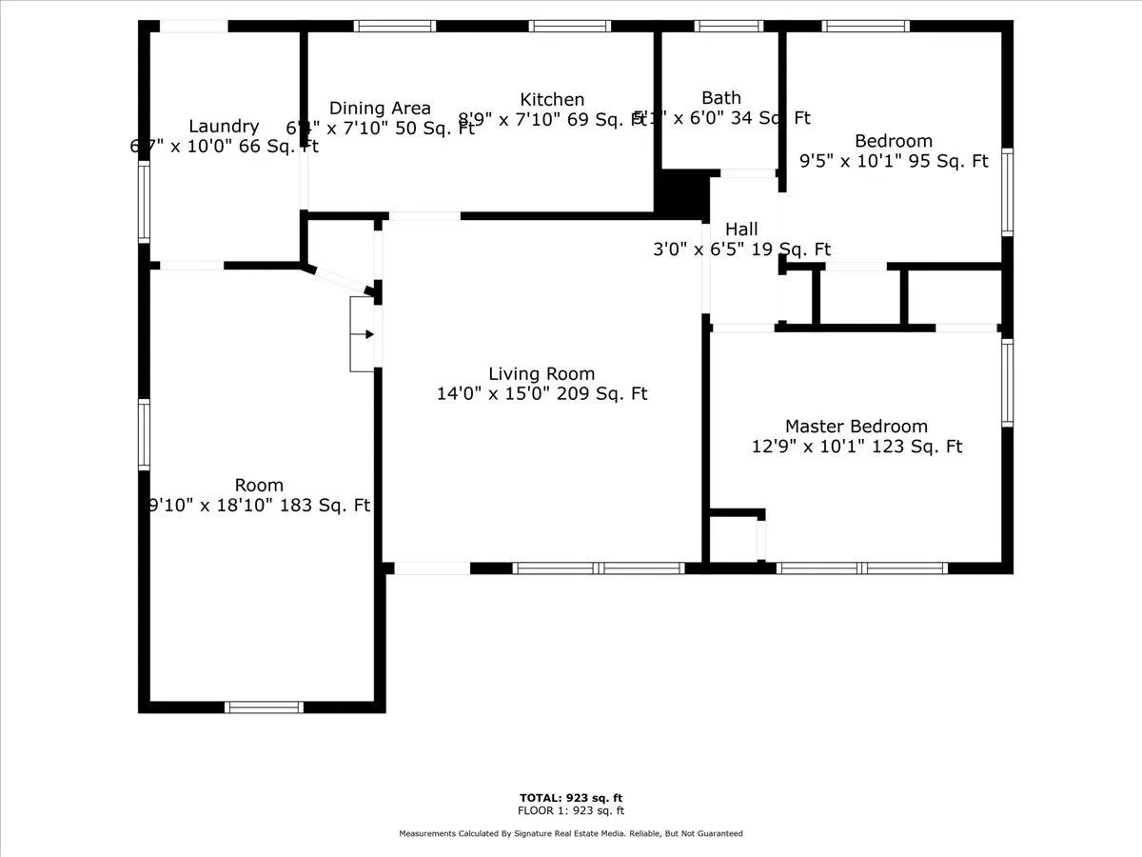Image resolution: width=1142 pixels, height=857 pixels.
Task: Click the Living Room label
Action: pyautogui.click(x=541, y=374)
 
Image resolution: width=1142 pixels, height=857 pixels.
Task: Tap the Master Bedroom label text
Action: pyautogui.click(x=856, y=427)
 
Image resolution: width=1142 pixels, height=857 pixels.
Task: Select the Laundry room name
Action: pyautogui.click(x=224, y=126)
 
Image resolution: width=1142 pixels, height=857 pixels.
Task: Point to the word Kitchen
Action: pyautogui.click(x=552, y=99)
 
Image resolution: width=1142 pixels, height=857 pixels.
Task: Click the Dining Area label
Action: pyautogui.click(x=380, y=109)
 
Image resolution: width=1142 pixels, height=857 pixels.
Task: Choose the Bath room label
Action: pyautogui.click(x=720, y=97)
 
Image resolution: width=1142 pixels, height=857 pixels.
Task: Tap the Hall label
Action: pyautogui.click(x=741, y=229)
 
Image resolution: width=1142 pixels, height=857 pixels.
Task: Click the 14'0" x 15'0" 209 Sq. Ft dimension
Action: pyautogui.click(x=541, y=393)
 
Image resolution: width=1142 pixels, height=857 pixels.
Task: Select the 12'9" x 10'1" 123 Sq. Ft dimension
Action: pyautogui.click(x=856, y=446)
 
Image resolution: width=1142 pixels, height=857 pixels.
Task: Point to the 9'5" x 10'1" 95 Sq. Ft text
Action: pyautogui.click(x=894, y=161)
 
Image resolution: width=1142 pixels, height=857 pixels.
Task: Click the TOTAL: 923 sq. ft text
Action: pyautogui.click(x=571, y=798)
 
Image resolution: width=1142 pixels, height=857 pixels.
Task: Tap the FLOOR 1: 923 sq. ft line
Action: pyautogui.click(x=571, y=811)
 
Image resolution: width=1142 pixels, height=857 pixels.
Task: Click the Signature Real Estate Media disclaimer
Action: pyautogui.click(x=571, y=833)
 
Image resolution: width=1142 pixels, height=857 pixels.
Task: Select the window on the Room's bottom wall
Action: pyautogui.click(x=264, y=707)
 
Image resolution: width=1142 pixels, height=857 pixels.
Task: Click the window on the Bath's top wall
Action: pyautogui.click(x=728, y=26)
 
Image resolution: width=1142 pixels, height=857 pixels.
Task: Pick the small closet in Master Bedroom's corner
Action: pyautogui.click(x=734, y=540)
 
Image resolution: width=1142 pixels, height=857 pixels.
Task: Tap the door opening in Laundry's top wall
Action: pyautogui.click(x=193, y=26)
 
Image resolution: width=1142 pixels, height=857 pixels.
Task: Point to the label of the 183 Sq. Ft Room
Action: pyautogui.click(x=260, y=486)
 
